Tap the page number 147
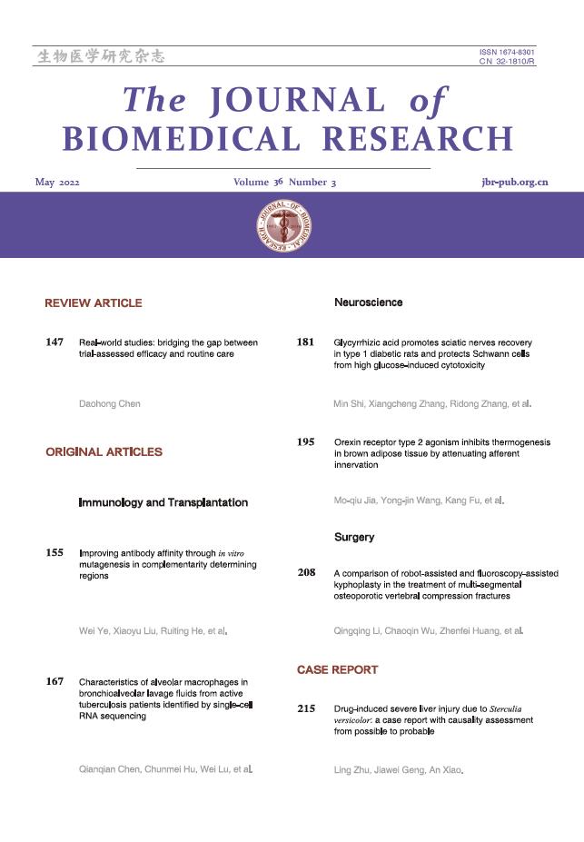(x=54, y=343)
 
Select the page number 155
(x=54, y=552)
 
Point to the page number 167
(x=54, y=681)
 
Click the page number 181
(x=305, y=343)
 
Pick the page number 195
(x=305, y=442)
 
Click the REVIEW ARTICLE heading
(x=94, y=303)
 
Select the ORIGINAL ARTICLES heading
(x=104, y=451)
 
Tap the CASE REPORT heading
(x=337, y=669)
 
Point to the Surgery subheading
(x=354, y=538)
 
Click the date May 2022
(x=57, y=183)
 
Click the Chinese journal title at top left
(x=101, y=57)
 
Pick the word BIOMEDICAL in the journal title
(x=182, y=139)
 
